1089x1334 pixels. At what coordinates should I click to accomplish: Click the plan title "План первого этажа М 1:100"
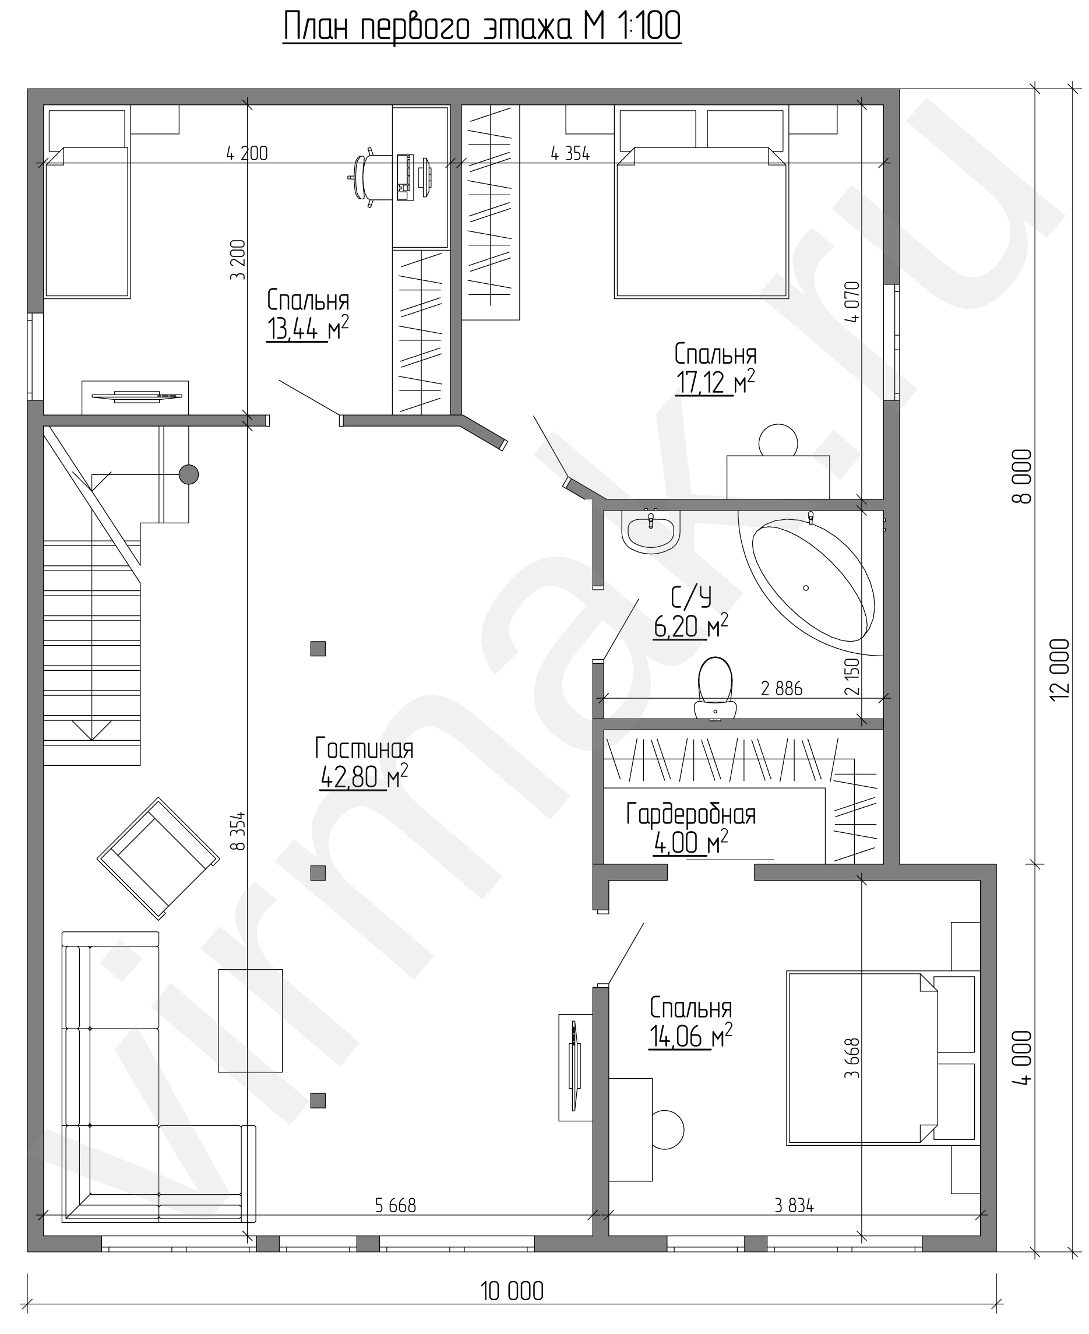(482, 28)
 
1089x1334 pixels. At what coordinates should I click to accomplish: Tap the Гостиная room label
(364, 748)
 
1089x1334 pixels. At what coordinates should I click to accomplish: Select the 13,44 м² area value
(308, 328)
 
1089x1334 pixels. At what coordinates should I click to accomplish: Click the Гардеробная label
(690, 815)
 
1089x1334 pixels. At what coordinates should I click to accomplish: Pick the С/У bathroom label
(691, 597)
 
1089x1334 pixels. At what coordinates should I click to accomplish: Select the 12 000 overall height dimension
(1059, 670)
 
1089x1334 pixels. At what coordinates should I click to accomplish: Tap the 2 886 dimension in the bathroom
(781, 689)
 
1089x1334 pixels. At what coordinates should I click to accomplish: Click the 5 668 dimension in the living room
(395, 1205)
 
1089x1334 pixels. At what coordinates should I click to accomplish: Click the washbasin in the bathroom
(650, 532)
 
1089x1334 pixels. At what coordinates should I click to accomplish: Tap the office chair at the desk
(362, 178)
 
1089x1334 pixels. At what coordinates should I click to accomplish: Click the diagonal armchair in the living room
(158, 858)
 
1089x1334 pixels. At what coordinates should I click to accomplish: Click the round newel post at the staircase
(189, 474)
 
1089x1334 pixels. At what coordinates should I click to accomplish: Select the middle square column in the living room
(318, 873)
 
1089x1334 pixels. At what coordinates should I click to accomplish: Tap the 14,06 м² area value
(690, 1037)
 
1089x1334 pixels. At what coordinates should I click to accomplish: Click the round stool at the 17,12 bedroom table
(778, 441)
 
